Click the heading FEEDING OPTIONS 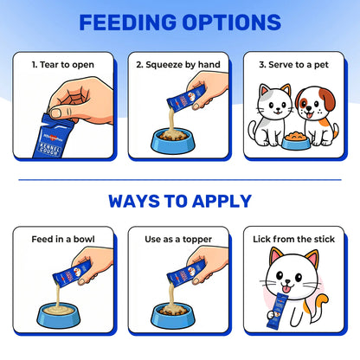pos(180,22)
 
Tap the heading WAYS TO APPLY pos(180,202)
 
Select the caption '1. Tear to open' pos(62,65)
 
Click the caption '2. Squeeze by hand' pos(179,65)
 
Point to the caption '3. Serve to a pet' pos(295,65)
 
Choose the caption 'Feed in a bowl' pos(62,239)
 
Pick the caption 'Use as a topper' pos(179,239)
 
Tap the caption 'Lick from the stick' pos(295,239)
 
